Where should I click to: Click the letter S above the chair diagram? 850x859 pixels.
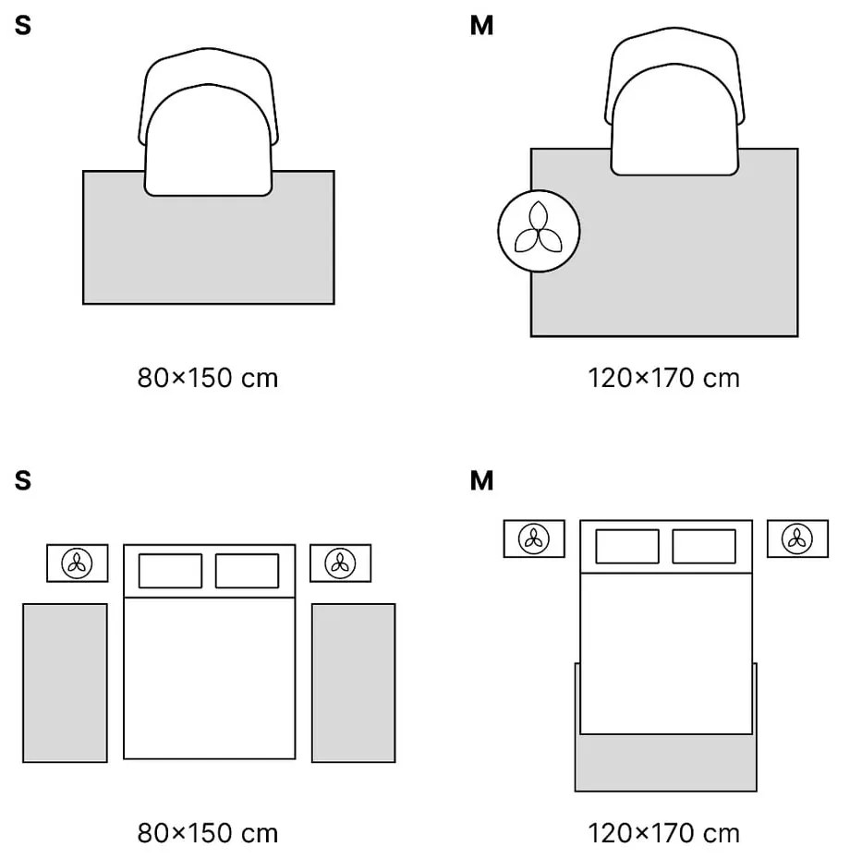pyautogui.click(x=23, y=26)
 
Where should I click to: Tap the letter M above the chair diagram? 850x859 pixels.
pyautogui.click(x=481, y=26)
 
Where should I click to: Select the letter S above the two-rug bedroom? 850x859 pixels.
pyautogui.click(x=23, y=480)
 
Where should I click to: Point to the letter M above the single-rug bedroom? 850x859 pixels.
pyautogui.click(x=481, y=480)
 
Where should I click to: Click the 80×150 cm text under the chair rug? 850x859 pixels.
pyautogui.click(x=208, y=378)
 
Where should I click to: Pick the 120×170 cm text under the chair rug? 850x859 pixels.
pyautogui.click(x=663, y=378)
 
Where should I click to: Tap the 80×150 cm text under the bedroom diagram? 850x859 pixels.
pyautogui.click(x=208, y=833)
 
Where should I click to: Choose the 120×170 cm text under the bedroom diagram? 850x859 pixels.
pyautogui.click(x=663, y=833)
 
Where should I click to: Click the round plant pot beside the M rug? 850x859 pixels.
pyautogui.click(x=539, y=231)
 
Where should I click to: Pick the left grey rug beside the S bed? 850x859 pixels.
pyautogui.click(x=65, y=683)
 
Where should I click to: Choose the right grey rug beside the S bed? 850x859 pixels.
pyautogui.click(x=353, y=683)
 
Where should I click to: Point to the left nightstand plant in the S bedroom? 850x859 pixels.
pyautogui.click(x=78, y=563)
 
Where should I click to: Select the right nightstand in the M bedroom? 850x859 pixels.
pyautogui.click(x=797, y=538)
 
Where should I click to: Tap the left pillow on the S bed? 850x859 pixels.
pyautogui.click(x=170, y=571)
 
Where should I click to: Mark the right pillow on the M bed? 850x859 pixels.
pyautogui.click(x=704, y=546)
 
